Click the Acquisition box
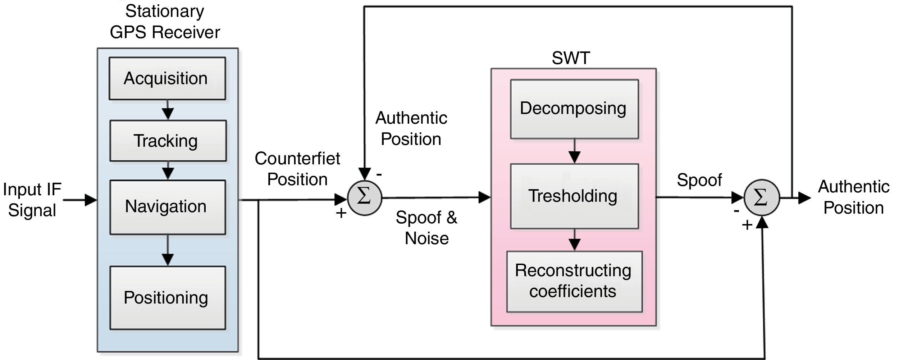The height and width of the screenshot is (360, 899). (x=167, y=78)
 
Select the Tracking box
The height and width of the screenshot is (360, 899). (x=168, y=141)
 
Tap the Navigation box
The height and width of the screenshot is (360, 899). (x=168, y=207)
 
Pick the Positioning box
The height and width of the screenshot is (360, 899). (x=168, y=298)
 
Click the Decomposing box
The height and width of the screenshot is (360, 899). (x=574, y=109)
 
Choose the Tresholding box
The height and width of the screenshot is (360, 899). (x=574, y=196)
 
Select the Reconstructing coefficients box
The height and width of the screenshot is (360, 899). (x=574, y=282)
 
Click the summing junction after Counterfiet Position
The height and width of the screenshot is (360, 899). (x=365, y=198)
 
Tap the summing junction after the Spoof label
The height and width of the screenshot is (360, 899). (x=762, y=198)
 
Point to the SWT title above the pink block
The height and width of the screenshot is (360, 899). (x=571, y=58)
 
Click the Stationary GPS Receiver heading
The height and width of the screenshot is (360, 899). (x=165, y=22)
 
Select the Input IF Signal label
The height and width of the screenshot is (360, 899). (x=32, y=200)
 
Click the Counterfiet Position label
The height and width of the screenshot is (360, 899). (x=297, y=169)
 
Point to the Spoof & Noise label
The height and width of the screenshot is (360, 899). (x=426, y=228)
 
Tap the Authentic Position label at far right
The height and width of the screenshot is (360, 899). (x=854, y=197)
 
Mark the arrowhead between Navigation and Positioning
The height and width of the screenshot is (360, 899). (x=168, y=260)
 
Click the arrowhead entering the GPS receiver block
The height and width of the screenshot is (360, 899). (x=91, y=200)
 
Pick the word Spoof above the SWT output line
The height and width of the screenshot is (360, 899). (x=699, y=180)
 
